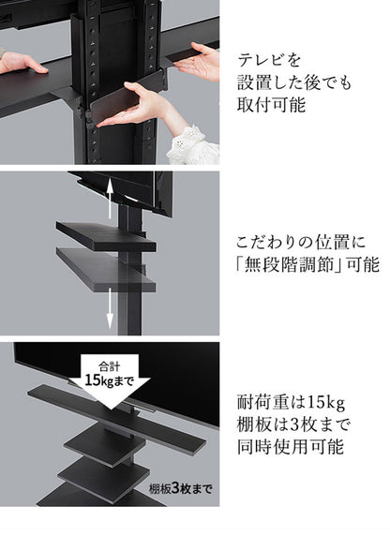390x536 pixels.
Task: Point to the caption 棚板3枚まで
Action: (x=181, y=488)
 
